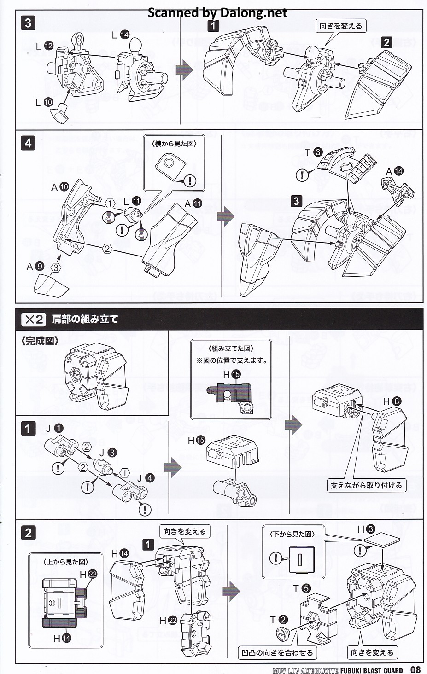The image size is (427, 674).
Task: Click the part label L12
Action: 45,46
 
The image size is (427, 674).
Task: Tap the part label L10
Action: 44,102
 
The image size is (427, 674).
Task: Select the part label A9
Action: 35,266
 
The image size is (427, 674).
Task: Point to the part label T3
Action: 313,152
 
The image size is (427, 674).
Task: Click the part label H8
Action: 392,401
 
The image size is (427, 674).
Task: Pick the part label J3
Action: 107,453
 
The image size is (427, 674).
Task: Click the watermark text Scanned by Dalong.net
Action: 217,12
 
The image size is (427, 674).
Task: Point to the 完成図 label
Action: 40,342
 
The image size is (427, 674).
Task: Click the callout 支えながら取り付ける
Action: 366,485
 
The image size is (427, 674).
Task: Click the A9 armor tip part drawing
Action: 52,285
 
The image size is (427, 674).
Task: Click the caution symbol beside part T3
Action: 302,175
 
